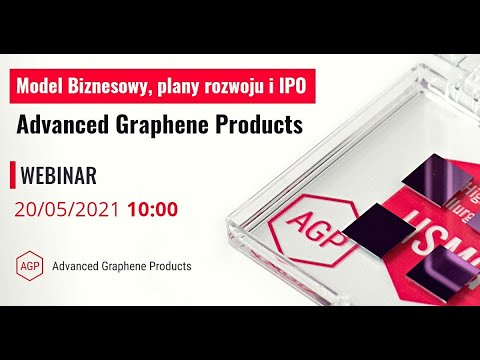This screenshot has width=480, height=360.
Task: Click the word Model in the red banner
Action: pyautogui.click(x=46, y=87)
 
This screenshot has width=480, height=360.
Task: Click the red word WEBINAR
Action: pyautogui.click(x=59, y=176)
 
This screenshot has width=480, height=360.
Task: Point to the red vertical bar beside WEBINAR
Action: pyautogui.click(x=12, y=175)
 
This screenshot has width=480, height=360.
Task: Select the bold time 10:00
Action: pyautogui.click(x=152, y=210)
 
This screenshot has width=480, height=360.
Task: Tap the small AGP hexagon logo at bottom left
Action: pyautogui.click(x=30, y=266)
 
